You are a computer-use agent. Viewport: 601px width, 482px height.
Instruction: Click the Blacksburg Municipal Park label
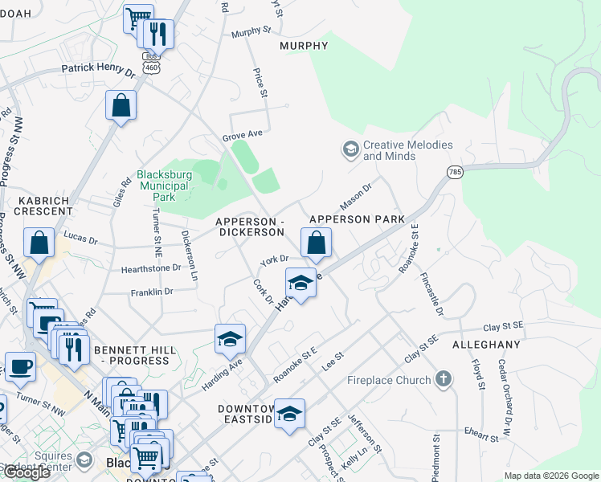164,186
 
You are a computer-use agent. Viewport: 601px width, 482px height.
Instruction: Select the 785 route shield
455,173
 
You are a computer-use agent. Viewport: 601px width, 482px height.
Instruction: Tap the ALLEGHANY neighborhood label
486,344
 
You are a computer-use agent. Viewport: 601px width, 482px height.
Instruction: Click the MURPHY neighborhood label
305,46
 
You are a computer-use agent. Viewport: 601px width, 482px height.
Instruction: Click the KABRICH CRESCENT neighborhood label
37,204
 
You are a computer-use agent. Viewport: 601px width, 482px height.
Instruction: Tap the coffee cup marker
21,366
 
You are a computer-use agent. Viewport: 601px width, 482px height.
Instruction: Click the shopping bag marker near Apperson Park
317,243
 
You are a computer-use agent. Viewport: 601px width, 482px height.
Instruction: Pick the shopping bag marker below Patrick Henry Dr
121,105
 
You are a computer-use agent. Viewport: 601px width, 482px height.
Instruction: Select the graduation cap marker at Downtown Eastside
290,414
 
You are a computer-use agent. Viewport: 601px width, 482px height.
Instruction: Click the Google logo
26,472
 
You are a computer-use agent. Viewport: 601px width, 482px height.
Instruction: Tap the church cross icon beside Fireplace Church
443,378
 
